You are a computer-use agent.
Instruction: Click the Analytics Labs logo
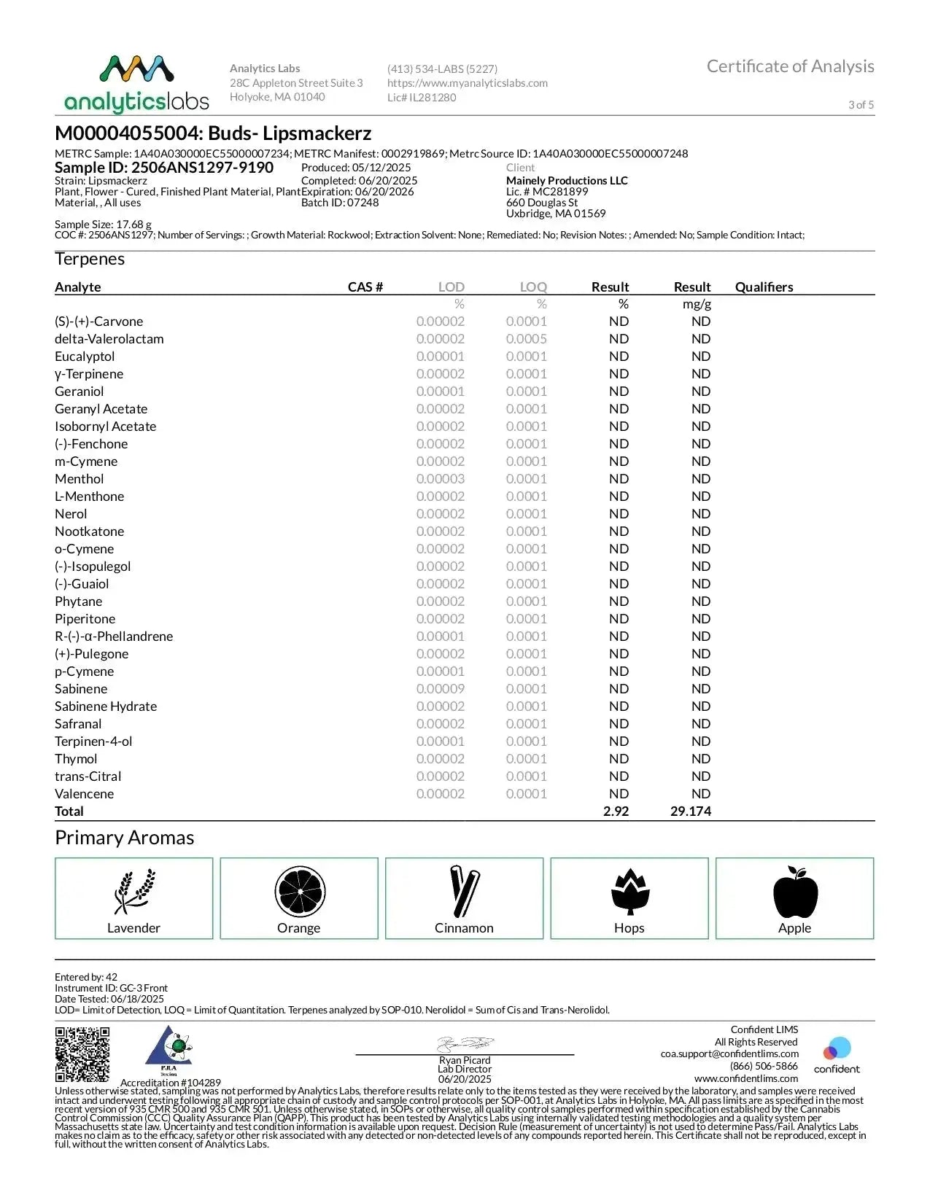pyautogui.click(x=136, y=84)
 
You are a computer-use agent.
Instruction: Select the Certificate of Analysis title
pyautogui.click(x=790, y=66)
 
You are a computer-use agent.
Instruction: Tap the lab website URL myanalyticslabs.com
pyautogui.click(x=467, y=83)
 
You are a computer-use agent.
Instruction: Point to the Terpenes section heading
pyautogui.click(x=90, y=260)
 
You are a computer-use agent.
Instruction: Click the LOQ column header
pyautogui.click(x=533, y=287)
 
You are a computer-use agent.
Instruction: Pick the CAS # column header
pyautogui.click(x=365, y=287)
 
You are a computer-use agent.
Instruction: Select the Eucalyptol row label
pyautogui.click(x=85, y=357)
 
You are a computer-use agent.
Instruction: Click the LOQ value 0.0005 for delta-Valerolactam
pyautogui.click(x=526, y=339)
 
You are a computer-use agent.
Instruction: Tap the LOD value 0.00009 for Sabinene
pyautogui.click(x=440, y=689)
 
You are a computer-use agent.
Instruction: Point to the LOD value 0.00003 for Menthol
pyautogui.click(x=440, y=479)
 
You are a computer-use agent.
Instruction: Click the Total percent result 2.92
pyautogui.click(x=616, y=811)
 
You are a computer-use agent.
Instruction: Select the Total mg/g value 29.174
pyautogui.click(x=690, y=811)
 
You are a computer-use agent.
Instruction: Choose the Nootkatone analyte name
pyautogui.click(x=89, y=532)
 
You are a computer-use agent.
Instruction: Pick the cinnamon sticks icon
pyautogui.click(x=464, y=891)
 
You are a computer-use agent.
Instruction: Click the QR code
pyautogui.click(x=82, y=1054)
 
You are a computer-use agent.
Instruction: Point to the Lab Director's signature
pyautogui.click(x=465, y=1043)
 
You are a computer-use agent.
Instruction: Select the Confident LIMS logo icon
pyautogui.click(x=837, y=1049)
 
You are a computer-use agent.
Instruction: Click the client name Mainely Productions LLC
pyautogui.click(x=567, y=181)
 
